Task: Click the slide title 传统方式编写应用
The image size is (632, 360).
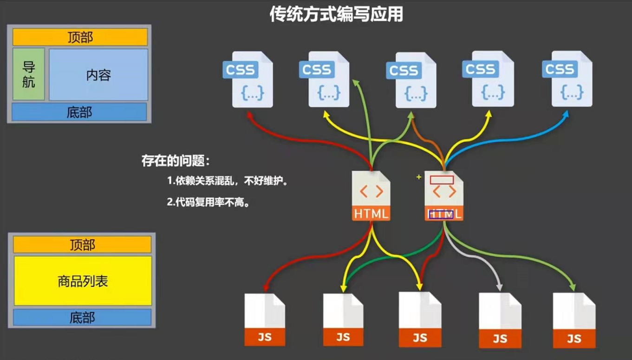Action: click(336, 15)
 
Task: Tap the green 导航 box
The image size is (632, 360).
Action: click(29, 74)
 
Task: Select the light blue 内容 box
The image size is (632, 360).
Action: click(98, 75)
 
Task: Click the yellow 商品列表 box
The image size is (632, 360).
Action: click(83, 281)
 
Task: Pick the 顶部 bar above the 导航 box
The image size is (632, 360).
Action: click(80, 37)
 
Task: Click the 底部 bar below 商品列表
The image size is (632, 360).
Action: click(82, 318)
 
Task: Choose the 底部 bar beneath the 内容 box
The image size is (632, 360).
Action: click(79, 112)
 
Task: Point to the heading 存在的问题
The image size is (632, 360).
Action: click(176, 162)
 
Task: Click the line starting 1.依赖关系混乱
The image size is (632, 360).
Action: click(228, 181)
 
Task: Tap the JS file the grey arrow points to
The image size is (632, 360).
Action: click(500, 321)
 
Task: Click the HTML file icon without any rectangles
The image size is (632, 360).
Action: click(371, 195)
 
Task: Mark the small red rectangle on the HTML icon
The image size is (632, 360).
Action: click(442, 179)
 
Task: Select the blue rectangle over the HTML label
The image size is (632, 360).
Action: click(441, 215)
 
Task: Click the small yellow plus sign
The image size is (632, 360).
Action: click(418, 177)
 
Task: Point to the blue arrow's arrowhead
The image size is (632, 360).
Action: click(565, 113)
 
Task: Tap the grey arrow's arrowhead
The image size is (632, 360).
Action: click(499, 288)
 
